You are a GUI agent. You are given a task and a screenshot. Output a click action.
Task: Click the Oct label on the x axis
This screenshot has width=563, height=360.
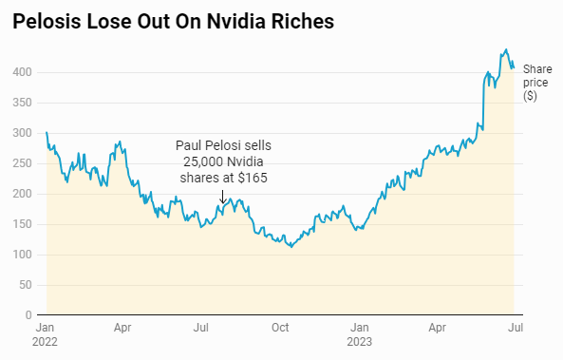(x=279, y=328)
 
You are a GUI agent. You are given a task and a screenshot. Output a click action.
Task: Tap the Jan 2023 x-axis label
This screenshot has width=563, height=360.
(x=358, y=334)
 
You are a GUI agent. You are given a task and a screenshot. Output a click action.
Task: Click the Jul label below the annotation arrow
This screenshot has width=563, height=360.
(x=201, y=328)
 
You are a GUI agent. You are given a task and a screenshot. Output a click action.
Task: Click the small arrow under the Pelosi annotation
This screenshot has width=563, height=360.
(x=222, y=197)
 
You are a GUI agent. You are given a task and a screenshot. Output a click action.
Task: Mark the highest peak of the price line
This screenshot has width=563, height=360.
(x=506, y=49)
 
